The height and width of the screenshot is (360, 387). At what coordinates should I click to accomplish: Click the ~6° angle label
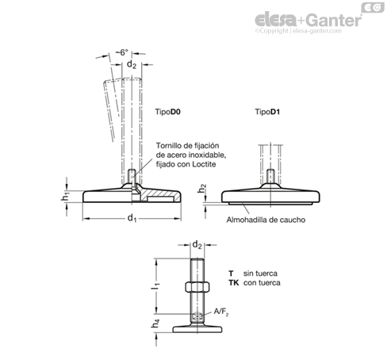(122, 52)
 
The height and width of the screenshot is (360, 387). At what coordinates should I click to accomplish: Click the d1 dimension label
(132, 218)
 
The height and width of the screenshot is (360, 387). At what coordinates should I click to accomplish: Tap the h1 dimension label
(65, 197)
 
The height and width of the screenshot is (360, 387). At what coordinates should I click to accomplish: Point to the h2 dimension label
(202, 188)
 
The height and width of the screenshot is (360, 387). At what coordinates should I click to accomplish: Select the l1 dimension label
(155, 286)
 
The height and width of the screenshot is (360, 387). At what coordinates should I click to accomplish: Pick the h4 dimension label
(155, 324)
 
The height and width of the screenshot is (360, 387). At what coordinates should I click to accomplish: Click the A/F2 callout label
(221, 312)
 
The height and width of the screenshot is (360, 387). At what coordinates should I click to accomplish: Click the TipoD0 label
(168, 112)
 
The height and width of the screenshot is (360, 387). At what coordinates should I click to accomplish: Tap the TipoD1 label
(267, 112)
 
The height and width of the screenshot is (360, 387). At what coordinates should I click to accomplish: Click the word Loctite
(204, 164)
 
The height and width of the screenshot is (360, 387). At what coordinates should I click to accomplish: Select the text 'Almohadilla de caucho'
(266, 220)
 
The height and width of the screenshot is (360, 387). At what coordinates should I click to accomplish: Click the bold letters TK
(234, 283)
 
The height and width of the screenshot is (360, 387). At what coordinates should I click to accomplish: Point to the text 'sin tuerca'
(260, 274)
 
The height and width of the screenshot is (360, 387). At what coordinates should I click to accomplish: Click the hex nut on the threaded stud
(197, 287)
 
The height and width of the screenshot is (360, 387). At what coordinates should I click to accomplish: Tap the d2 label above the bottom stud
(197, 245)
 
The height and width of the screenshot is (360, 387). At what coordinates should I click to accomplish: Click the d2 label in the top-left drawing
(132, 64)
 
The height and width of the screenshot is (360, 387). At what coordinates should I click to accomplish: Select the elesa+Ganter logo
(308, 20)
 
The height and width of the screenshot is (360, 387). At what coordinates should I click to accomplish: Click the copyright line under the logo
(298, 31)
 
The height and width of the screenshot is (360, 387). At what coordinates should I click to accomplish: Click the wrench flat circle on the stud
(197, 316)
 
